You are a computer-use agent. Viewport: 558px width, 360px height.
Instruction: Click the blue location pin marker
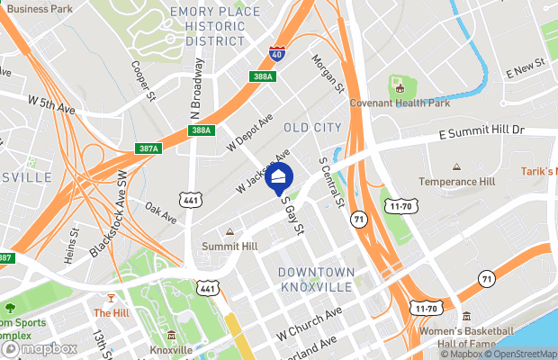[x=280, y=178]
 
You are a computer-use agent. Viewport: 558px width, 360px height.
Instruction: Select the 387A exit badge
[x=148, y=148]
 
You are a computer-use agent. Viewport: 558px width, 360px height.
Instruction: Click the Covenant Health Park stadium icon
[x=397, y=87]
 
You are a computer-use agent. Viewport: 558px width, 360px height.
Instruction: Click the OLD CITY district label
[x=312, y=128]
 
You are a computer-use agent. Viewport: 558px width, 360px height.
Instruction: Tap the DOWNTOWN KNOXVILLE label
[x=315, y=278]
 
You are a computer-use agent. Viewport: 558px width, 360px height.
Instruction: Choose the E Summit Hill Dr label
[x=481, y=131]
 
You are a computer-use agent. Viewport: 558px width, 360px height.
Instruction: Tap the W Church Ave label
[x=310, y=323]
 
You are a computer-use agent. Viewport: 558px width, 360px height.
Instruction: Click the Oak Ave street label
[x=162, y=211]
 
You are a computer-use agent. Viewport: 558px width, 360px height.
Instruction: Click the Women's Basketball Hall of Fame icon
[x=467, y=317]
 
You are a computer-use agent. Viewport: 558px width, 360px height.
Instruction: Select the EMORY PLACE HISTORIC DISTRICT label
[x=215, y=26]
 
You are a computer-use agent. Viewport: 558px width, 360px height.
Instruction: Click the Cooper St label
[x=144, y=80]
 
